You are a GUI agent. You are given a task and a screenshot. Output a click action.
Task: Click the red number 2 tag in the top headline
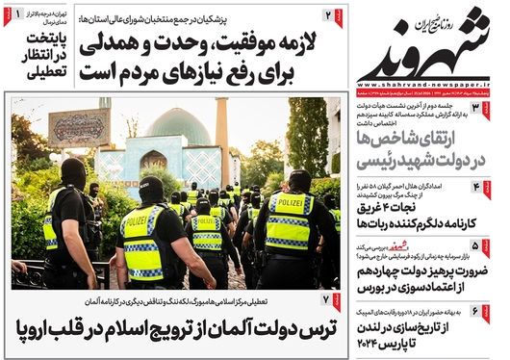329,15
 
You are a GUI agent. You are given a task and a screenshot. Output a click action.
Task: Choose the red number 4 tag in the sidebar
487,186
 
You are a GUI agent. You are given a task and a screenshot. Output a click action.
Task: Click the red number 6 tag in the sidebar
487,310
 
